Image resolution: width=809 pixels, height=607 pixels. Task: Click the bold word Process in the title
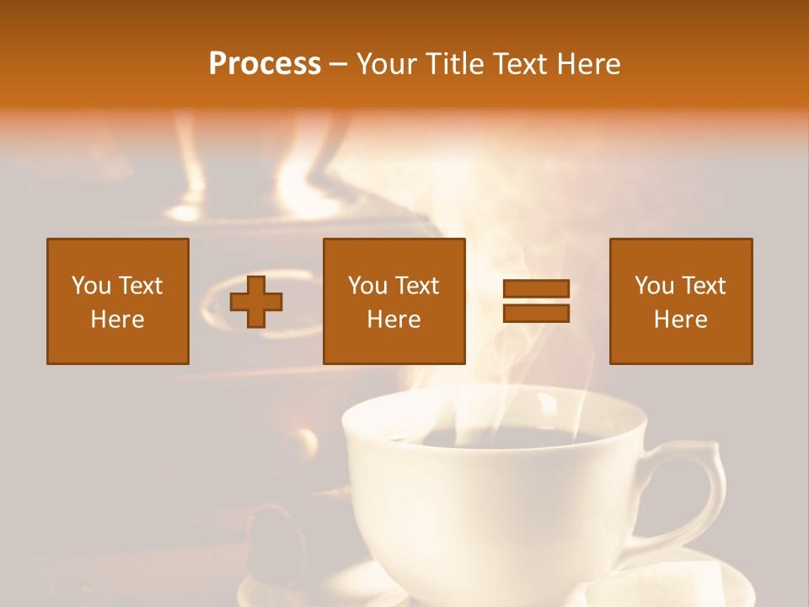[x=265, y=64]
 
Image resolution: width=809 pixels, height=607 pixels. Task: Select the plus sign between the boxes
[x=256, y=301]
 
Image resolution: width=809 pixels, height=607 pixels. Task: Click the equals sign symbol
[x=536, y=301]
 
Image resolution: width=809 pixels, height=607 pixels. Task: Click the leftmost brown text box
[x=118, y=301]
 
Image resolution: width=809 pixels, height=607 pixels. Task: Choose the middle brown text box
[x=394, y=301]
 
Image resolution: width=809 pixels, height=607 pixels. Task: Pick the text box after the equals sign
[x=681, y=301]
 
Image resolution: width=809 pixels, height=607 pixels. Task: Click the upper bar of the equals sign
[x=536, y=289]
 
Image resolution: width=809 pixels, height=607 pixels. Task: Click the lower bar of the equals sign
[x=536, y=313]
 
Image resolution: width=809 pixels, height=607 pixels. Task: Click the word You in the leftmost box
[x=91, y=286]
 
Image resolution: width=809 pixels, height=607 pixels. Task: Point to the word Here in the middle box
[x=394, y=320]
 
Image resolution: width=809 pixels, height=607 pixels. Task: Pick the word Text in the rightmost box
[x=705, y=286]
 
